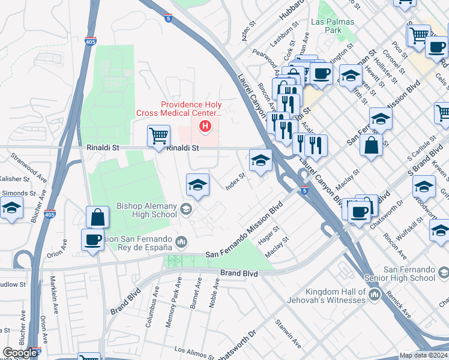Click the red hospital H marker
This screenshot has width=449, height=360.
[205, 126]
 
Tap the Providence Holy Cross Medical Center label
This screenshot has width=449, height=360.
[191, 108]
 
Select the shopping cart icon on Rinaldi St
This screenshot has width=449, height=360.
[158, 136]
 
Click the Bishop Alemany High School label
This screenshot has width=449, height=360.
[147, 210]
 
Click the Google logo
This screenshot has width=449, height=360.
[20, 353]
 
